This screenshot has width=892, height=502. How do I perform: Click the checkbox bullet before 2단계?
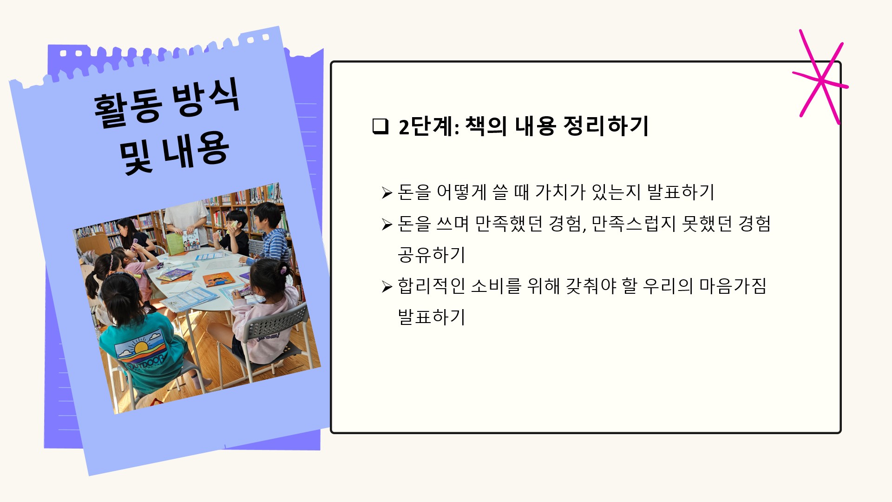pos(380,126)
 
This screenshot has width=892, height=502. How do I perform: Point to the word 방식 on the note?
pos(206,97)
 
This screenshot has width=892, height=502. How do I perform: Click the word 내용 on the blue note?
pos(195,149)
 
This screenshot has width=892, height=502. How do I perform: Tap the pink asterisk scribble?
pos(821,77)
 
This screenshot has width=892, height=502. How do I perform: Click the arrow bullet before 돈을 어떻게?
pos(387,192)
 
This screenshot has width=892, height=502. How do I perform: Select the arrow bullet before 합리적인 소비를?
pos(387,286)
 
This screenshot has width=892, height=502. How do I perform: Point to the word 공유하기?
pos(431,254)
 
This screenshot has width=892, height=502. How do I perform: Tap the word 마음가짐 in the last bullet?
pos(733,285)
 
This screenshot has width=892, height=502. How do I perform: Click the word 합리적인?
pos(431,285)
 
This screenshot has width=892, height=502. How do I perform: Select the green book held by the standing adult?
pos(175,244)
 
